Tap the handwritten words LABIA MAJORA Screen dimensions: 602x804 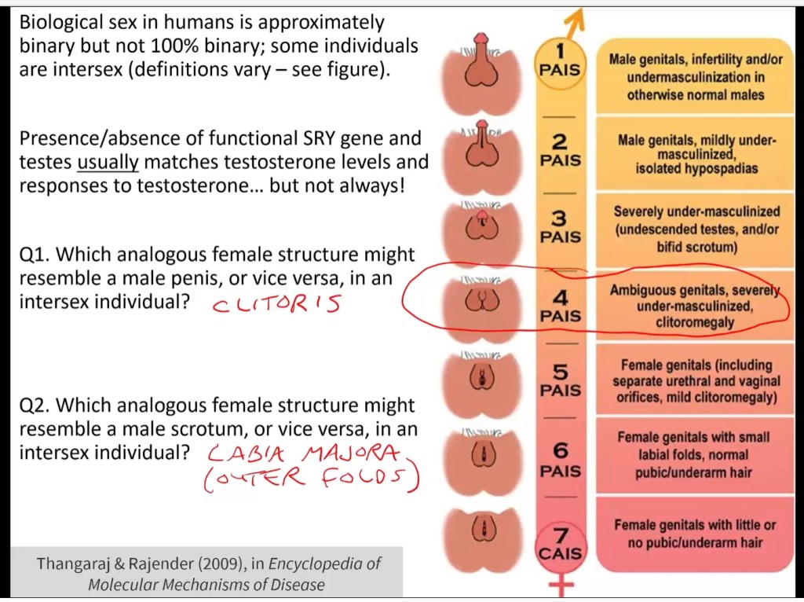coord(305,454)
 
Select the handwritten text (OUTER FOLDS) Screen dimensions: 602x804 coord(310,479)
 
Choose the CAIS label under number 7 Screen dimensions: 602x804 coord(561,553)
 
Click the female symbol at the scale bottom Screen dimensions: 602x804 coord(561,586)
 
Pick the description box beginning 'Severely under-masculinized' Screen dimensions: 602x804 coord(696,229)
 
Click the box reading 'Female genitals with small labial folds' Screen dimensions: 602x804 coord(693,455)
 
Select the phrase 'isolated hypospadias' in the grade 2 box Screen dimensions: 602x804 coord(696,169)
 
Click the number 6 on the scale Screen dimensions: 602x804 coord(560,450)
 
